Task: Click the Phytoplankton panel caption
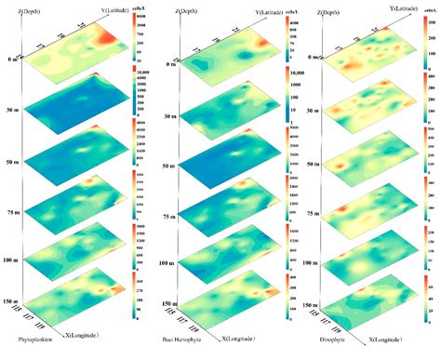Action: [x=36, y=352]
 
